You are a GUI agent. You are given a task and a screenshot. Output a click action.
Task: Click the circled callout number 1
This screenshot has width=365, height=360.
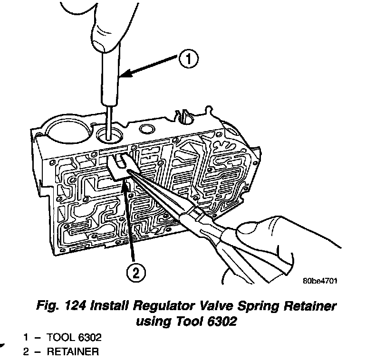(188, 59)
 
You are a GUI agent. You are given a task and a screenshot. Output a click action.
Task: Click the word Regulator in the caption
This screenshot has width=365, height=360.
(155, 306)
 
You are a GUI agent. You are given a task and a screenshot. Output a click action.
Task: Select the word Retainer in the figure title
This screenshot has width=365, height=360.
(308, 306)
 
